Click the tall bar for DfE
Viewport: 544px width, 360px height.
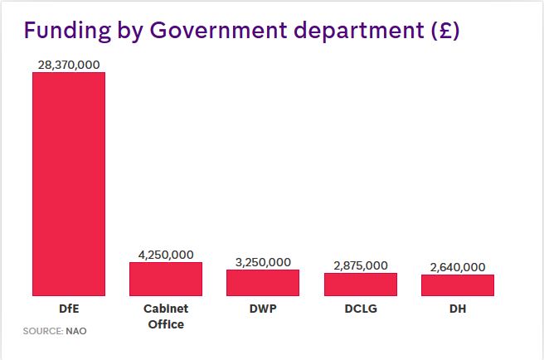click(69, 183)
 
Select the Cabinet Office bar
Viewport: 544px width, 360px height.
click(166, 279)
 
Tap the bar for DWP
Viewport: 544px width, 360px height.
click(263, 283)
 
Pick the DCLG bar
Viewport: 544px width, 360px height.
click(360, 285)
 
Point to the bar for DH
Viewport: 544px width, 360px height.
click(457, 285)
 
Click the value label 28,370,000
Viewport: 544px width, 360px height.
click(69, 65)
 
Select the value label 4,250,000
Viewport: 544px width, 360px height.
click(166, 255)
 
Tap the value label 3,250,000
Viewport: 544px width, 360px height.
click(263, 262)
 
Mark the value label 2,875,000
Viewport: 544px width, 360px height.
click(360, 265)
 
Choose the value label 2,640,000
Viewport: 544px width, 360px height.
click(457, 267)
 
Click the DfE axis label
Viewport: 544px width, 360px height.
click(69, 309)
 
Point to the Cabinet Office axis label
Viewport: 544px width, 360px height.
click(166, 316)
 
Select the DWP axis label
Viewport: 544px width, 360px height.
click(263, 309)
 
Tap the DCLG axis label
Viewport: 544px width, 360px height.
click(360, 309)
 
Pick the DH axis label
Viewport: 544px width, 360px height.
click(457, 309)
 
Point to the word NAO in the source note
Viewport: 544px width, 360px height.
click(77, 331)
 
